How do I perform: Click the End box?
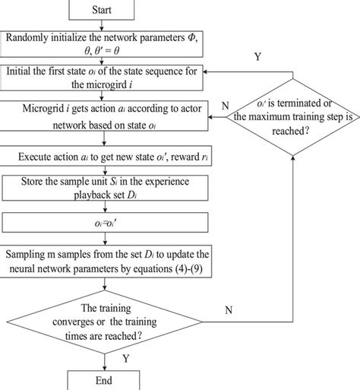(x=105, y=380)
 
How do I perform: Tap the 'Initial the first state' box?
(x=105, y=77)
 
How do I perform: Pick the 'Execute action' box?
(x=105, y=157)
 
